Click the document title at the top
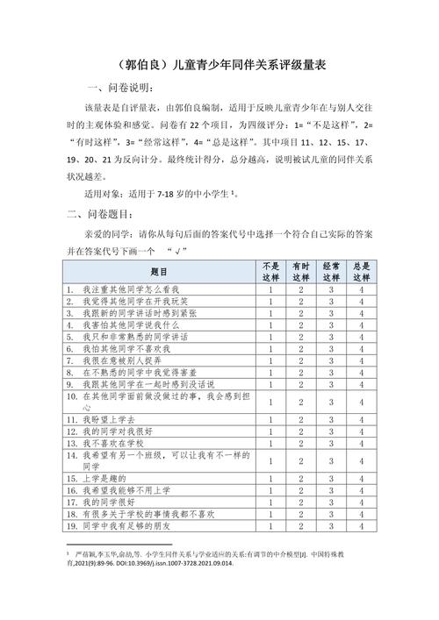(219, 65)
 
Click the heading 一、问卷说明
(122, 89)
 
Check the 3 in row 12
(331, 431)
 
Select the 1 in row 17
(271, 502)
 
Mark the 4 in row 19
(361, 526)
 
